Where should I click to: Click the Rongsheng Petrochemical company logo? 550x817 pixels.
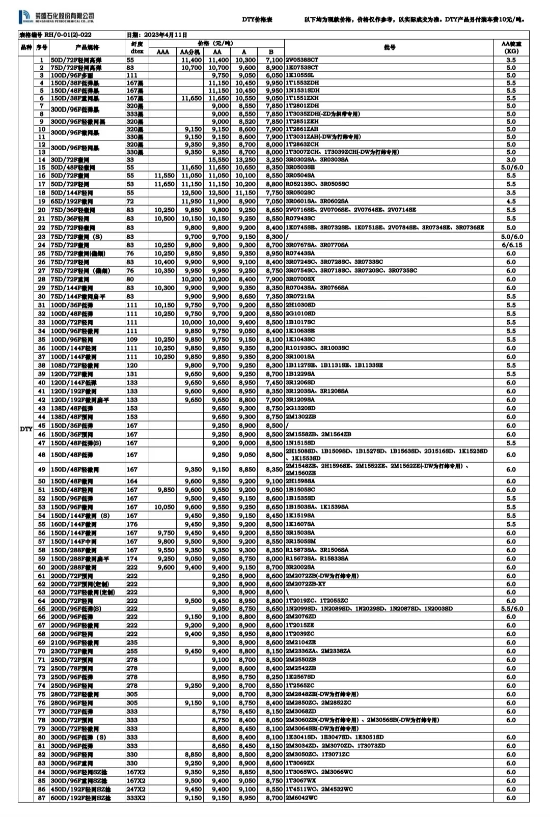pos(57,18)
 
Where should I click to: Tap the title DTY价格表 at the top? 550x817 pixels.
pos(257,19)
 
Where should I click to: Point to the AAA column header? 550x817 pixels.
pos(162,52)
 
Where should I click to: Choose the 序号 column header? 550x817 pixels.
pos(41,47)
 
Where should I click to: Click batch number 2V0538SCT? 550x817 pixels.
pos(302,60)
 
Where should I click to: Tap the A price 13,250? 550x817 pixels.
pos(245,160)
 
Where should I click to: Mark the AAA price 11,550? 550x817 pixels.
pos(164,176)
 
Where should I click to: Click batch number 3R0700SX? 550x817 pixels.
pos(300,279)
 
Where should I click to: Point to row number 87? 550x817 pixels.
pos(42,798)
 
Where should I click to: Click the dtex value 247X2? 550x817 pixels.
pos(136,789)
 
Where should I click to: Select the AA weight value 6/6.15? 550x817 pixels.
pos(511,245)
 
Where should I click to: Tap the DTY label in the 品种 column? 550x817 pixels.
pos(26,429)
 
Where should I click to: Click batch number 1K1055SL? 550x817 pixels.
pos(300,75)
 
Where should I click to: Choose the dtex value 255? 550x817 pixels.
pos(132,651)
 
